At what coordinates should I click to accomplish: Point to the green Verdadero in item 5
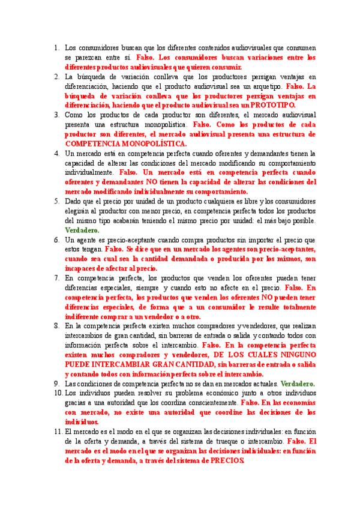tap(83, 230)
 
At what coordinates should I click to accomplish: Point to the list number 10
tap(55, 393)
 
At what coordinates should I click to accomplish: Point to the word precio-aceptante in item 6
tap(125, 239)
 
